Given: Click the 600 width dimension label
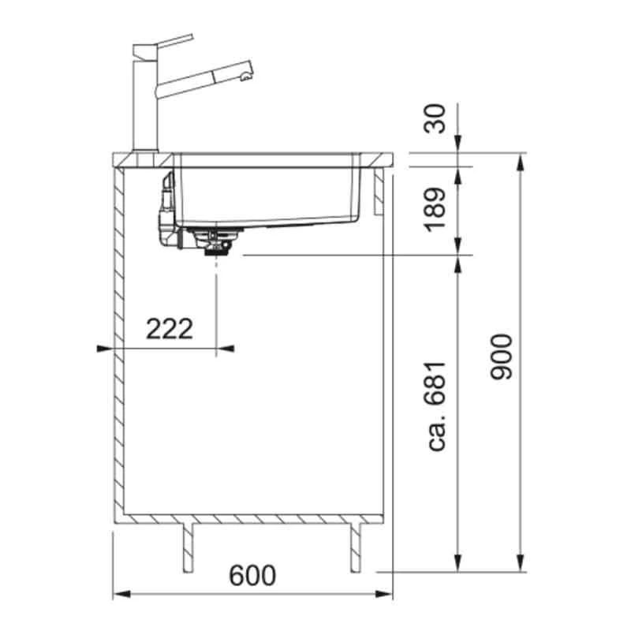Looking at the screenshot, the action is point(252,575).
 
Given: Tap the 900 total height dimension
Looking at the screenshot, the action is point(502,357).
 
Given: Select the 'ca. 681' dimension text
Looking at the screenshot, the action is point(436,406).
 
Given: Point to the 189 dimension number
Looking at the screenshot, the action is point(436,209).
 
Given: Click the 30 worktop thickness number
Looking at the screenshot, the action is point(436,119).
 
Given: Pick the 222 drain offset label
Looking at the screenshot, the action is point(170,329).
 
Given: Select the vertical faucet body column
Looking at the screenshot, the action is point(145,106).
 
